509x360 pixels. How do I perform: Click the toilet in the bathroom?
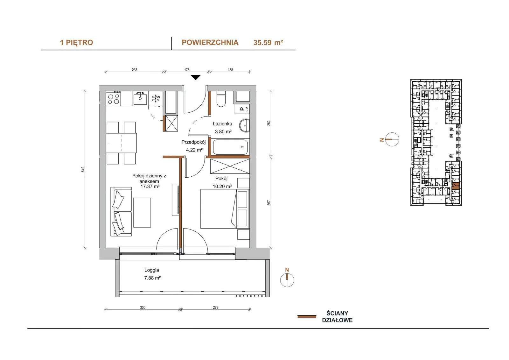point(221,99)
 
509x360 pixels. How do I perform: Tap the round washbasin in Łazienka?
point(245,125)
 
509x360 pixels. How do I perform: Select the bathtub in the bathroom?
point(230,147)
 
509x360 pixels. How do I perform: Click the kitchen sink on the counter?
point(140,98)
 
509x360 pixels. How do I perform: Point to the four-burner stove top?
point(113,98)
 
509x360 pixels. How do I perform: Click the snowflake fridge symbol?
point(156,99)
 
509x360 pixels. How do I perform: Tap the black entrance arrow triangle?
point(195,78)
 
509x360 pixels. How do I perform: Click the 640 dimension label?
point(83,169)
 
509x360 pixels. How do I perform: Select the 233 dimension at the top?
point(135,70)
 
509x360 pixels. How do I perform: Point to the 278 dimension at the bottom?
point(216,307)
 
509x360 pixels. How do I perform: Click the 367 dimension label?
point(269,203)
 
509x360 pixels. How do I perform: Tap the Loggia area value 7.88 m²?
point(152,278)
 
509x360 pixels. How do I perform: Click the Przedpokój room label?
point(193,142)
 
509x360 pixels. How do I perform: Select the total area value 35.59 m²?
point(268,43)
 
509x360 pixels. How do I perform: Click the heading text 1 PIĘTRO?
point(77,43)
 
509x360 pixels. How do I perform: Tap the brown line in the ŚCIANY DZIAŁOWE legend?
point(307,317)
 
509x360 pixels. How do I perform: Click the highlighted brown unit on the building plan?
point(456,186)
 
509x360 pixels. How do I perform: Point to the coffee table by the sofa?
point(142,212)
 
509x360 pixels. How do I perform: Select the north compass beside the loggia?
point(287,280)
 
